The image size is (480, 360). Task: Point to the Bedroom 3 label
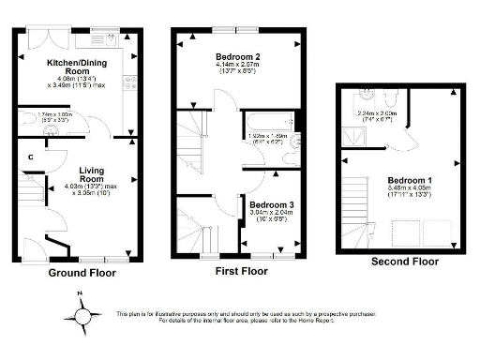click(x=273, y=204)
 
